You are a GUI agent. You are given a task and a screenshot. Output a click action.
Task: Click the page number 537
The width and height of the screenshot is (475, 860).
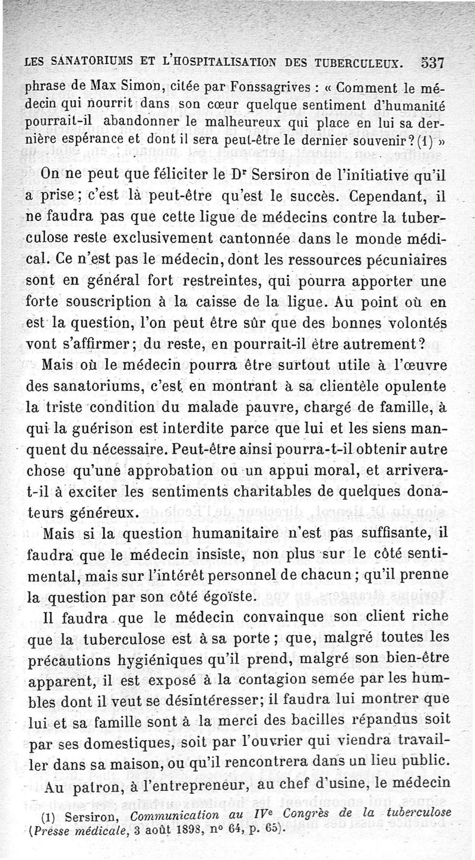[433, 63]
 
